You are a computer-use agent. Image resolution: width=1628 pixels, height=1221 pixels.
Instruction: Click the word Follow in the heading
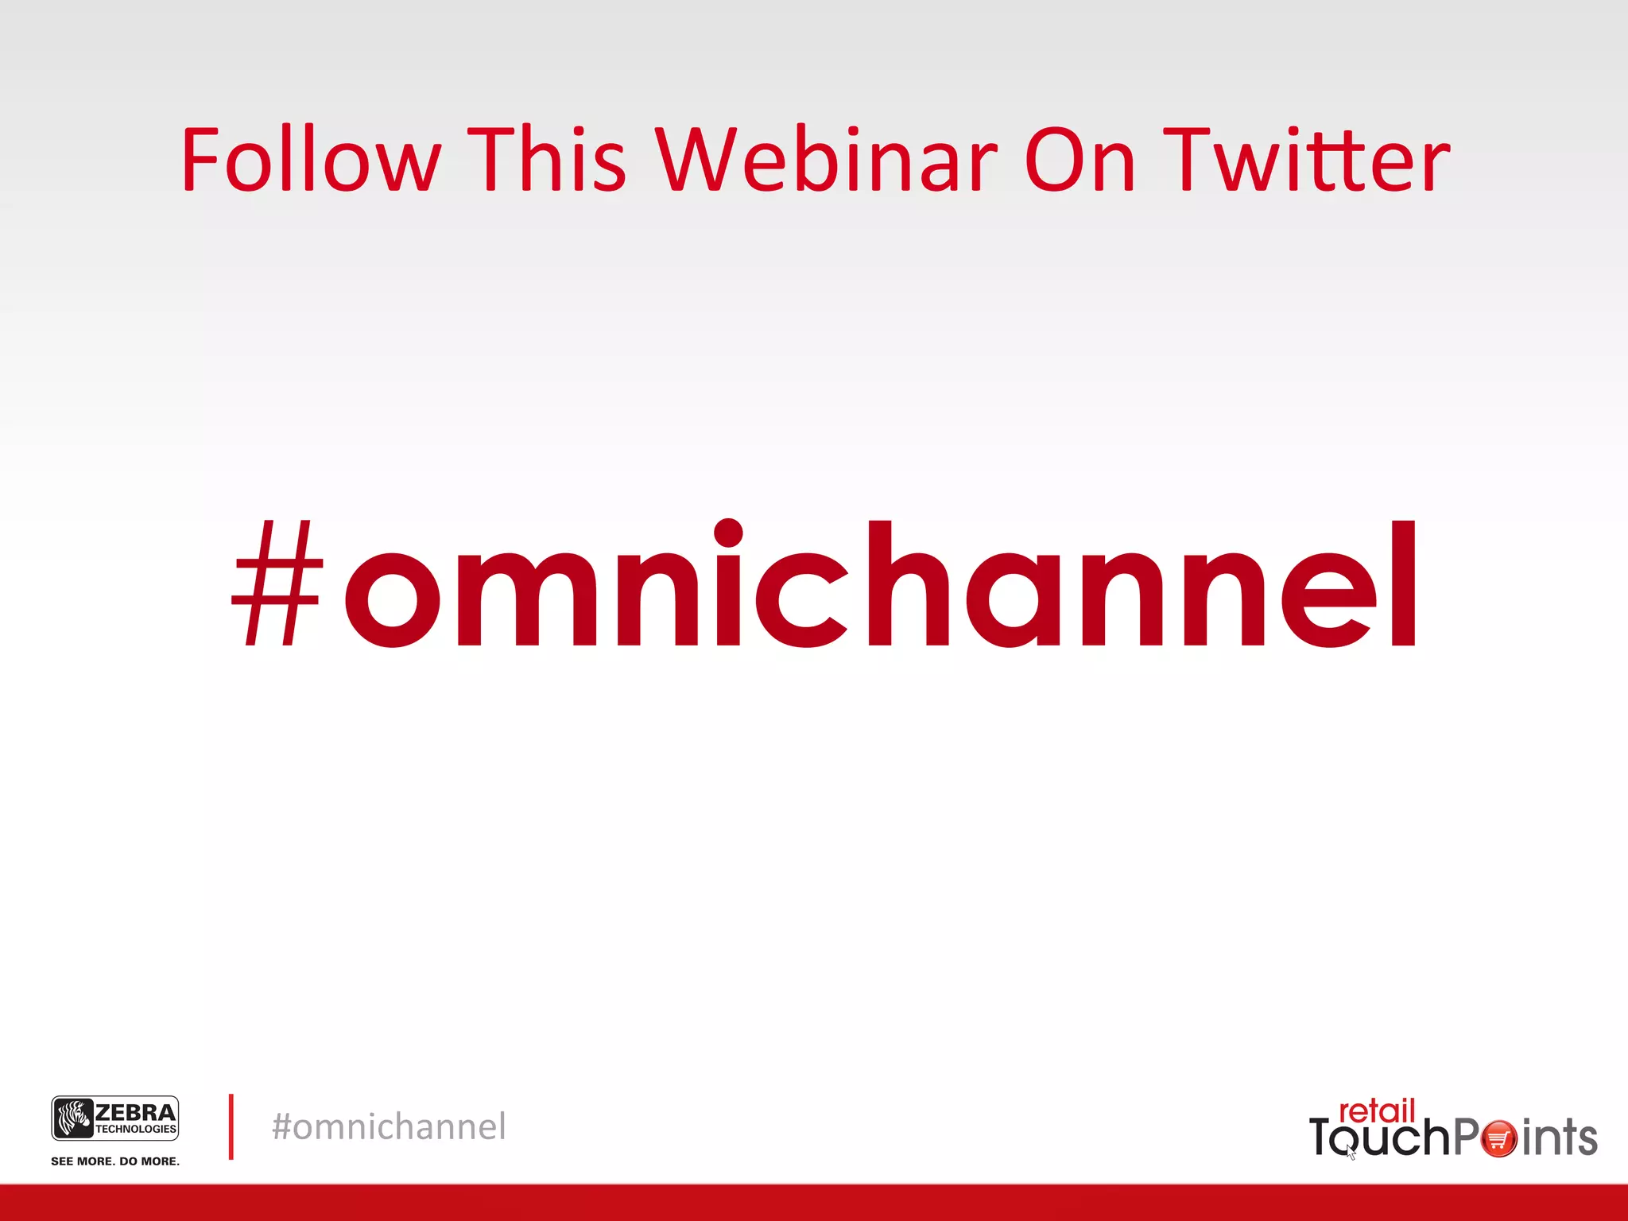coord(310,161)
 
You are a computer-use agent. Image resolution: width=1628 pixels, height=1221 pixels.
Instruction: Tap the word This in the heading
coord(547,161)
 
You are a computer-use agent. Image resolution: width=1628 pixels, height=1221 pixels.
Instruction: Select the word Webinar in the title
coord(826,161)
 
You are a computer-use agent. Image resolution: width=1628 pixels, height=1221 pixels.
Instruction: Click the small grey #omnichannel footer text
coord(389,1127)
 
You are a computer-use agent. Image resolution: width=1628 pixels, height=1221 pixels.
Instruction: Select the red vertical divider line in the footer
coord(231,1126)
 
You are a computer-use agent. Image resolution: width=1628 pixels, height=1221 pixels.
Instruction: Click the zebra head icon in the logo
coord(74,1118)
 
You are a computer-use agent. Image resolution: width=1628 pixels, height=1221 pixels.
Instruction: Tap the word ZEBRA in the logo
coord(135,1112)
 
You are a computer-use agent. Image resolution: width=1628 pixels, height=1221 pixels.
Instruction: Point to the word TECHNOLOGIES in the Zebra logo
coord(136,1130)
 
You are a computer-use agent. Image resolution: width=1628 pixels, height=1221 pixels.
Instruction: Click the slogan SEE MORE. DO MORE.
coord(115,1161)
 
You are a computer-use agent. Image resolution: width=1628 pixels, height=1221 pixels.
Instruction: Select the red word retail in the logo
coord(1377,1111)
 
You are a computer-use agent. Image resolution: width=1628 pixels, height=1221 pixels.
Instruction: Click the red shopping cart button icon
coord(1499,1139)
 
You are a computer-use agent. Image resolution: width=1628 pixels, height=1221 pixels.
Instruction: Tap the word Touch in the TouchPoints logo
coord(1380,1138)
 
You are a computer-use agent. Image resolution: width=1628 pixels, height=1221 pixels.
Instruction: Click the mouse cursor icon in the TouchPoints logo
coord(1351,1152)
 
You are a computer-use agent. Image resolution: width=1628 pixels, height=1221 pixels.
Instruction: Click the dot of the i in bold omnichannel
coord(728,532)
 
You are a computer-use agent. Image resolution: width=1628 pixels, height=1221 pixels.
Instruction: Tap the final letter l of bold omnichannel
coord(1404,584)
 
